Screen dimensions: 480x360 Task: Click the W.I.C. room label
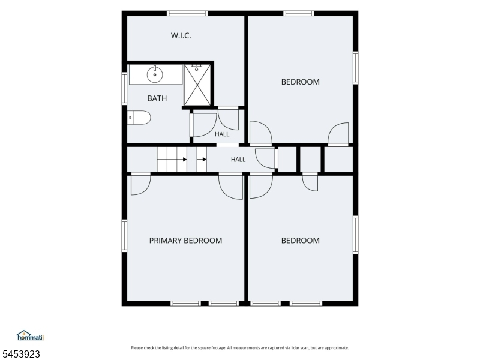pos(181,35)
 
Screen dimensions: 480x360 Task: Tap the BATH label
pos(157,98)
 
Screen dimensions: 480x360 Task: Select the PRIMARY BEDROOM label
pos(185,241)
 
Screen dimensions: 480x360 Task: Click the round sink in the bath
pos(155,74)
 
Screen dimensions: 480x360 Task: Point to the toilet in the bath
pos(139,118)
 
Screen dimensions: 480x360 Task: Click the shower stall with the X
pos(197,85)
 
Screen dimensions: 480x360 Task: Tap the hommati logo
pos(31,335)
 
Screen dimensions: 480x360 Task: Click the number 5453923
pos(20,354)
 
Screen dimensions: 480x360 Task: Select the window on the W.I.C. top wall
pos(187,13)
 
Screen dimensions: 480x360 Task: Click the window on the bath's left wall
pos(124,88)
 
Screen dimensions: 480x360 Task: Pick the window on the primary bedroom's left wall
pos(124,235)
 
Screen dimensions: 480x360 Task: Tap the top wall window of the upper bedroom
pos(298,13)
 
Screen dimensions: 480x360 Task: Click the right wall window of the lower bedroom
pos(355,235)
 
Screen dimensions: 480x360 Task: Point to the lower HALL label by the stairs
pos(238,160)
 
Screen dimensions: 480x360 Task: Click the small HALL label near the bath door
pos(222,134)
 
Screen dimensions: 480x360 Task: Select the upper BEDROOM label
pos(301,82)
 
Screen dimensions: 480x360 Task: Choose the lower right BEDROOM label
pos(301,241)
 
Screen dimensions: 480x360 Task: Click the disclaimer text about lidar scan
pos(240,348)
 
